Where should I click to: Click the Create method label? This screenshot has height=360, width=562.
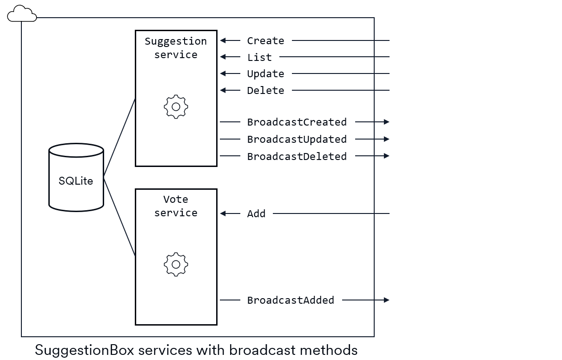(265, 41)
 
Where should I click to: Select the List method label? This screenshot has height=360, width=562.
(259, 57)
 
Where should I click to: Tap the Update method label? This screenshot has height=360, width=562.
(265, 74)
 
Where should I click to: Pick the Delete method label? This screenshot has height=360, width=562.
(265, 91)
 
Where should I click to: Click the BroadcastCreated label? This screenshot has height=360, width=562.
(297, 122)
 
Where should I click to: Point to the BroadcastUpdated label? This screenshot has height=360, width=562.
(297, 140)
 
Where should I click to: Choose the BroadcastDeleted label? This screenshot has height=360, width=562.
(297, 156)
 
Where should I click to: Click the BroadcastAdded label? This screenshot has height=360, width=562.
(291, 300)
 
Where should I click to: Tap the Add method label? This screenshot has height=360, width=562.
(256, 214)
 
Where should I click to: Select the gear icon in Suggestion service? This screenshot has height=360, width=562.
(176, 107)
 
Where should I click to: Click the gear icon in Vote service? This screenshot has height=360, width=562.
(176, 265)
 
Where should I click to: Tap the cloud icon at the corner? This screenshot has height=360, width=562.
(21, 14)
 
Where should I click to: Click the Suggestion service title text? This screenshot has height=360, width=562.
(176, 48)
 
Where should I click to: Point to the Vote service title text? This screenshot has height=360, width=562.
(176, 206)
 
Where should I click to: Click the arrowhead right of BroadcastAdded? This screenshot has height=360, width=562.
(386, 300)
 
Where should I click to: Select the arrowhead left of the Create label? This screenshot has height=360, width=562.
(223, 41)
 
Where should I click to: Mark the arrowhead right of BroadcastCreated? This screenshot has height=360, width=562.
(386, 122)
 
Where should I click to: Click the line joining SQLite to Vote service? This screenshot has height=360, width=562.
(119, 217)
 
